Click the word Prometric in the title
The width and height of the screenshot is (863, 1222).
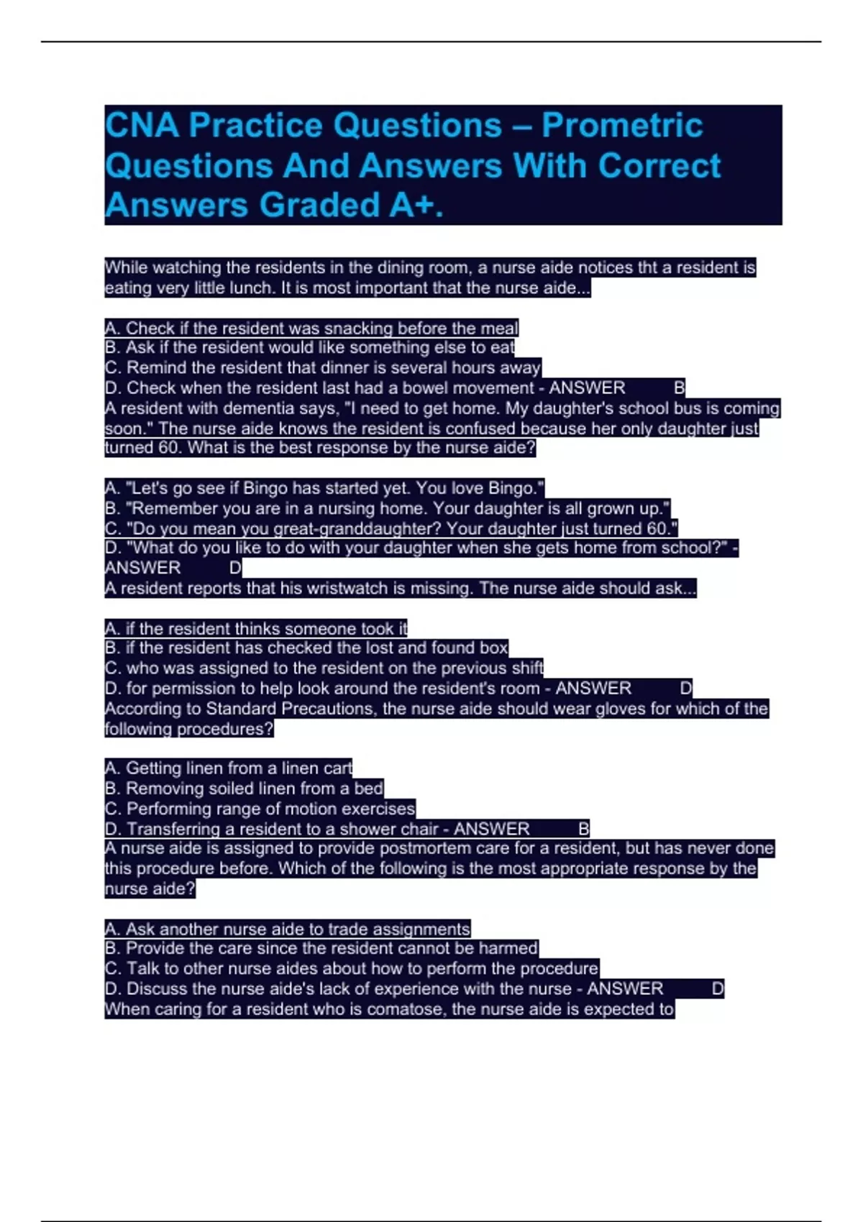(622, 126)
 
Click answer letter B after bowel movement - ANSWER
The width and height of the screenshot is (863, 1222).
(679, 388)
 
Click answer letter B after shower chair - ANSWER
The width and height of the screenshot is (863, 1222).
(583, 829)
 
